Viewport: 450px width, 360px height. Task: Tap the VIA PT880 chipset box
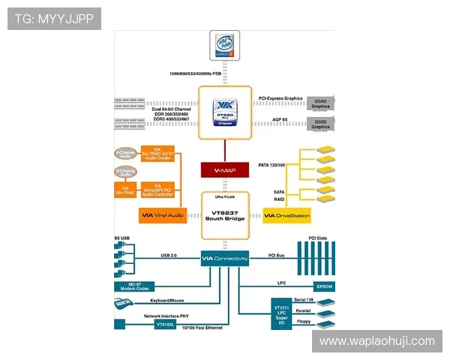(224, 112)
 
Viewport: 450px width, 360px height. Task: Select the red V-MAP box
(224, 170)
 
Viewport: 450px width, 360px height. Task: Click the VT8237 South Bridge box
(224, 214)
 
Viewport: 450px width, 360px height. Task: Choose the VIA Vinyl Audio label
(162, 216)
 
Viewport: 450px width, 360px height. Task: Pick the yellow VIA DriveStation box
(286, 216)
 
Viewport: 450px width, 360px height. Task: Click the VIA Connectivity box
(224, 259)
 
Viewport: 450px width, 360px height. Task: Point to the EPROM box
(324, 286)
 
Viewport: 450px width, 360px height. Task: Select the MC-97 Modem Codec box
(133, 286)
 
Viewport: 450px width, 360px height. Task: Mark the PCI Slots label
(318, 238)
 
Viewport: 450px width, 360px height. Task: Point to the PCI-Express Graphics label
(280, 98)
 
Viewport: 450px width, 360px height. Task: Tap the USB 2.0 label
(169, 255)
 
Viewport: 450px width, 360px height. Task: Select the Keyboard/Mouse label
(166, 300)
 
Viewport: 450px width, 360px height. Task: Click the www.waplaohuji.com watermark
(377, 341)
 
